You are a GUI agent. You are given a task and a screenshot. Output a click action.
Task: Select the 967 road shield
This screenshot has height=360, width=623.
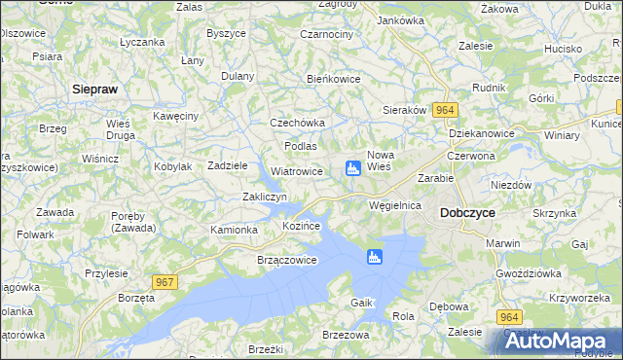(x=165, y=282)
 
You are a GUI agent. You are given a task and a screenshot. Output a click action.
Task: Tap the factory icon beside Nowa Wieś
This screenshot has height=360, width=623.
(x=353, y=170)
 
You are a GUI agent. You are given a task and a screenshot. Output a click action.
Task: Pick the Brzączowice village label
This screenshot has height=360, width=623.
(x=286, y=261)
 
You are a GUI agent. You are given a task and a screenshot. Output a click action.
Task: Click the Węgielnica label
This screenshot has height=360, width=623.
(x=395, y=206)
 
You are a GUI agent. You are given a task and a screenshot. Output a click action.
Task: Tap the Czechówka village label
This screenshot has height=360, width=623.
(x=297, y=124)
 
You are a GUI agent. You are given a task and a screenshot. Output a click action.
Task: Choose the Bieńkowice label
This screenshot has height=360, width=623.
(x=334, y=79)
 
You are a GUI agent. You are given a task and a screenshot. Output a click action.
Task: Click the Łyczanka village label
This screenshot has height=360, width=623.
(x=142, y=43)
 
